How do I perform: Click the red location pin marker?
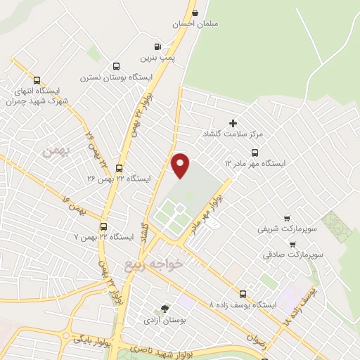pyautogui.click(x=181, y=165)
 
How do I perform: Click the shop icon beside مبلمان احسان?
pyautogui.click(x=195, y=13)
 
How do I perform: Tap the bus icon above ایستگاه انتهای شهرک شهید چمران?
pyautogui.click(x=37, y=80)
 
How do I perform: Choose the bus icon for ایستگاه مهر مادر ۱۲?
pyautogui.click(x=255, y=152)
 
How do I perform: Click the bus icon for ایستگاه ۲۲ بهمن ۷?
pyautogui.click(x=104, y=226)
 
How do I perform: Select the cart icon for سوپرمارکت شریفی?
pyautogui.click(x=286, y=217)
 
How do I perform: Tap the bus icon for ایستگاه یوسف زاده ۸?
pyautogui.click(x=243, y=294)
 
